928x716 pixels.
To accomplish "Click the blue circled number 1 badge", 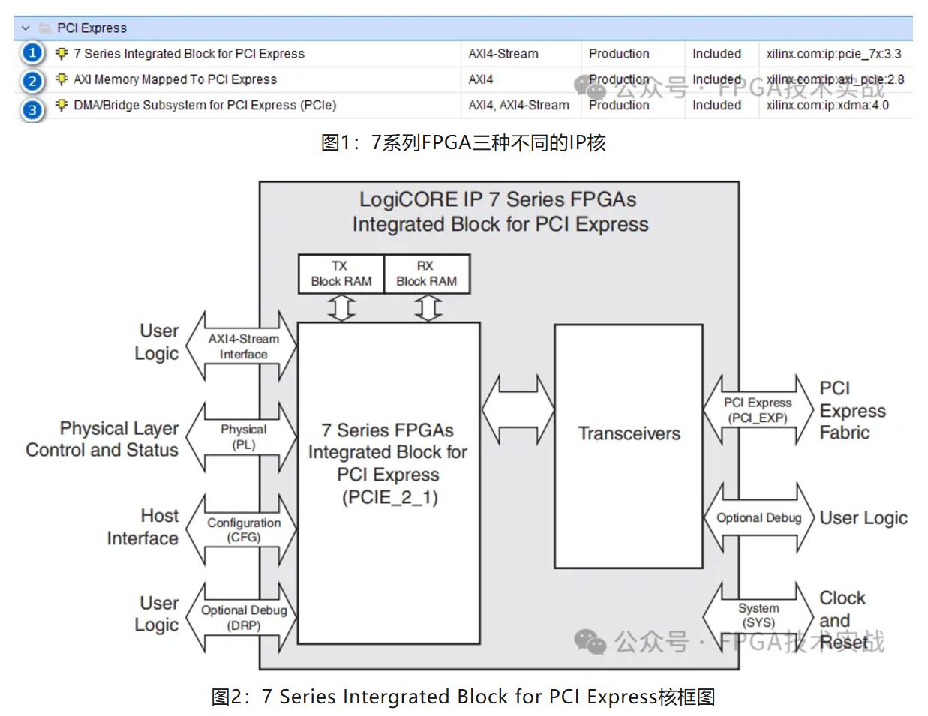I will [32, 53].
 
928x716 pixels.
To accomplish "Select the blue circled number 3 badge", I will [32, 109].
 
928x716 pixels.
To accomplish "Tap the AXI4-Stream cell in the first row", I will [503, 54].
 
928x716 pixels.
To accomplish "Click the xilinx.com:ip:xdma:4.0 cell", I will [827, 105].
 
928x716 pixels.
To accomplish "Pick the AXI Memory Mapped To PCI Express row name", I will [175, 79].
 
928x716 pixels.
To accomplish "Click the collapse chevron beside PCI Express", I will [26, 28].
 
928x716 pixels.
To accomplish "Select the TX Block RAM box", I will [341, 274].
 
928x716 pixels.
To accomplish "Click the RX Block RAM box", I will [426, 274].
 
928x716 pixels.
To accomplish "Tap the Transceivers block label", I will [629, 433].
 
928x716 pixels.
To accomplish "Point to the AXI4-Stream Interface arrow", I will [242, 346].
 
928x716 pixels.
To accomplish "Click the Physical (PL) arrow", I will [242, 437].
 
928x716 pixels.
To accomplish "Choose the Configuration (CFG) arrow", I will [242, 529].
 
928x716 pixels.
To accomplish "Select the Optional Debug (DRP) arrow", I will [242, 617].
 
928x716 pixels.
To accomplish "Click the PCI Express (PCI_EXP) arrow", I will [758, 410].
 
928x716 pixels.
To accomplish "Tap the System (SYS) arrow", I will [758, 616].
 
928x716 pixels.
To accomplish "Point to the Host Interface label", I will [143, 526].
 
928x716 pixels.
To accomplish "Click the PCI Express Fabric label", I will [852, 410].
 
